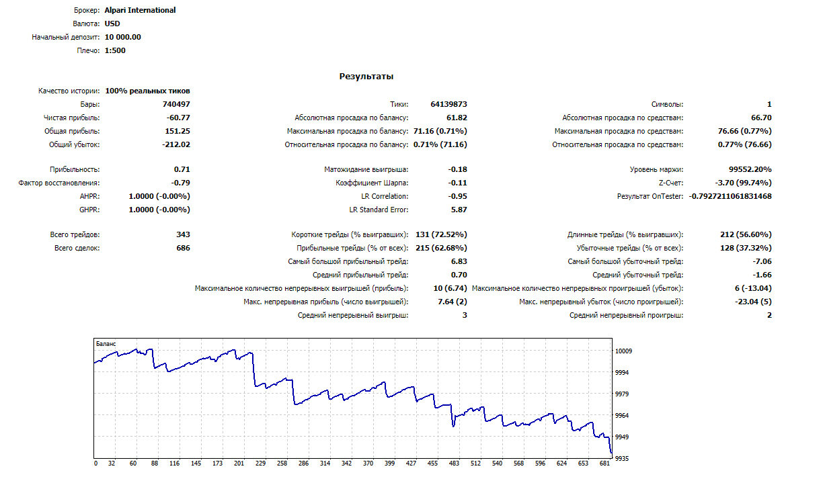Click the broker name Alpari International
pyautogui.click(x=140, y=10)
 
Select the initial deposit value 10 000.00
pyautogui.click(x=123, y=37)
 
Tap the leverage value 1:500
pyautogui.click(x=115, y=50)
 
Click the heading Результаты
pyautogui.click(x=366, y=77)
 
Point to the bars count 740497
pyautogui.click(x=176, y=104)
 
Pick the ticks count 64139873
pyautogui.click(x=448, y=104)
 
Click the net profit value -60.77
pyautogui.click(x=178, y=118)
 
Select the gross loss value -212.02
pyautogui.click(x=176, y=144)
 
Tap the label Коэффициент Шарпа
pyautogui.click(x=372, y=183)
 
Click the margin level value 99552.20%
pyautogui.click(x=750, y=169)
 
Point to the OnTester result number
pyautogui.click(x=730, y=196)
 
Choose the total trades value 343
pyautogui.click(x=184, y=234)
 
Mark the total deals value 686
pyautogui.click(x=184, y=248)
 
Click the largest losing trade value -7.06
pyautogui.click(x=762, y=262)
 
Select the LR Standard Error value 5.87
pyautogui.click(x=459, y=210)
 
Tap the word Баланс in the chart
pyautogui.click(x=106, y=344)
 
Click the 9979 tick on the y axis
pyautogui.click(x=622, y=394)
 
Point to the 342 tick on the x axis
pyautogui.click(x=346, y=463)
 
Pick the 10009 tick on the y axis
pyautogui.click(x=623, y=351)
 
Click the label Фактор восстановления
pyautogui.click(x=58, y=183)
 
